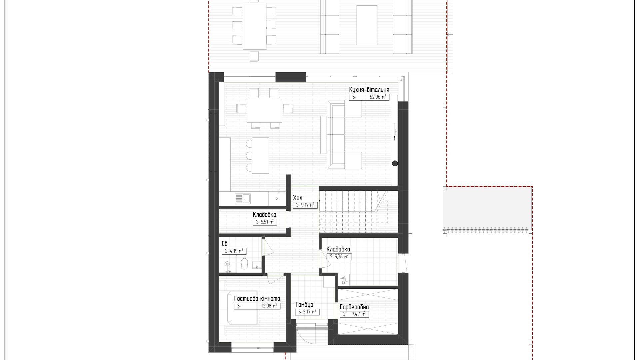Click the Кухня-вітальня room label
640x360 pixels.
click(369, 90)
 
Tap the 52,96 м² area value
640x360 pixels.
click(378, 97)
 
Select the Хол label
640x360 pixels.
click(298, 198)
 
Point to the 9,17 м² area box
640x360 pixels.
click(305, 205)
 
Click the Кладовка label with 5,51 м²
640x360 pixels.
click(264, 215)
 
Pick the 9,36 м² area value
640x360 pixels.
click(342, 256)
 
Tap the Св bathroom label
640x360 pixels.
click(225, 244)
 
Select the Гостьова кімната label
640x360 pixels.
click(257, 299)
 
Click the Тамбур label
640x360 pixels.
click(304, 305)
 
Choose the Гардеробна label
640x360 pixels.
click(354, 307)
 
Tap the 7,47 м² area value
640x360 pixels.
click(359, 314)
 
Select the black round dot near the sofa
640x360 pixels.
click(395, 163)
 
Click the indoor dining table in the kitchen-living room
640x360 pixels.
click(264, 111)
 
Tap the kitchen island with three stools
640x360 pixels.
click(260, 155)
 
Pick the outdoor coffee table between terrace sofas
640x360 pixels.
click(367, 25)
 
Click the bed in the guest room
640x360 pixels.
click(239, 308)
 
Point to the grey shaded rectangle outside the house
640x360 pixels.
click(487, 208)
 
